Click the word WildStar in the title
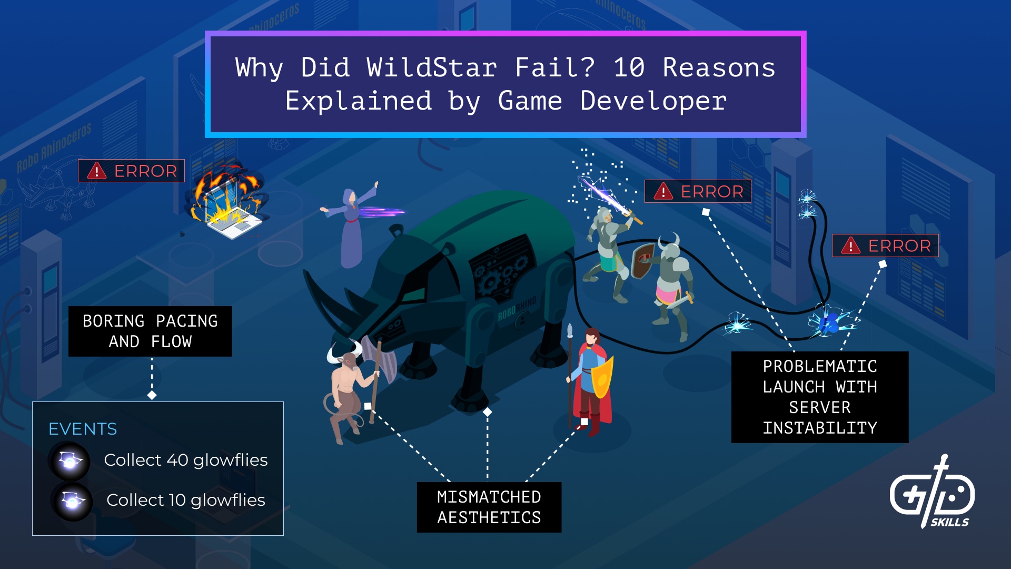point(432,67)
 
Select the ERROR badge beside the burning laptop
point(132,171)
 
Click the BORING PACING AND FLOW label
point(150,331)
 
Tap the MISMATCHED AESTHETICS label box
point(489,507)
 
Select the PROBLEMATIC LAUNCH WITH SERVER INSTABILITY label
point(819,397)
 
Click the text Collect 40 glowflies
point(186,460)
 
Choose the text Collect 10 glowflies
point(186,500)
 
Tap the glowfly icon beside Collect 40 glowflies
point(70,461)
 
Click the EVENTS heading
point(83,429)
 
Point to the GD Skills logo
point(932,493)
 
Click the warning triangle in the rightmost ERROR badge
point(850,246)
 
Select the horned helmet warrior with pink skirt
point(671,284)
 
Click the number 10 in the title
point(629,67)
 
